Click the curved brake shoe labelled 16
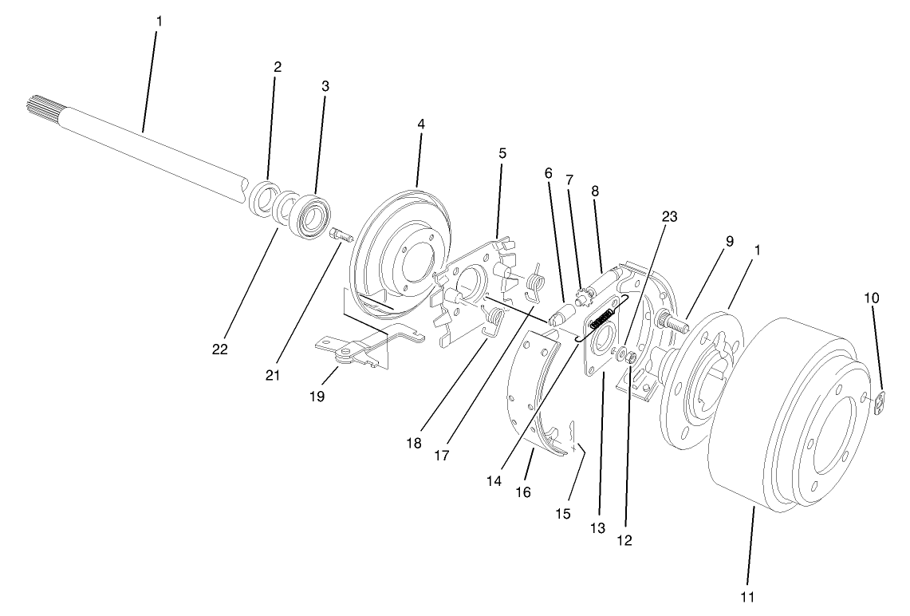(526, 399)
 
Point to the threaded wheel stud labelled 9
(672, 324)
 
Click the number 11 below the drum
(748, 596)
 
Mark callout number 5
(502, 152)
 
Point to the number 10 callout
(872, 297)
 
